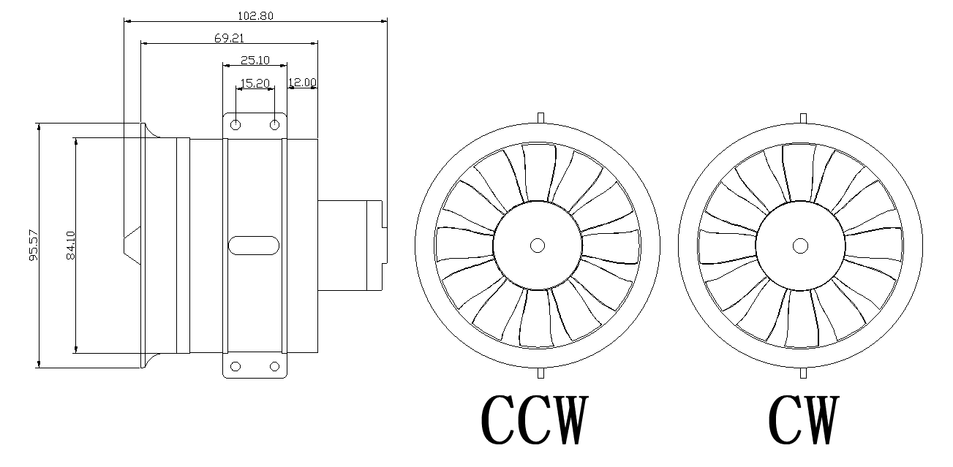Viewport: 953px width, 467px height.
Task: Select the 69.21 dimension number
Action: tap(229, 38)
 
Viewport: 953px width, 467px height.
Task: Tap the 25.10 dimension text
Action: tap(255, 60)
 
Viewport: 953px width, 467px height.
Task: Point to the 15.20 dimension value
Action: tap(255, 83)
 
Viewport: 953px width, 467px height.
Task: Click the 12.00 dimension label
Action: tap(302, 83)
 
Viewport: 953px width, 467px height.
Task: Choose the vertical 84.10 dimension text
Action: tap(70, 246)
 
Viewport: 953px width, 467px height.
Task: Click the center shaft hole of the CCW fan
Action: tap(538, 246)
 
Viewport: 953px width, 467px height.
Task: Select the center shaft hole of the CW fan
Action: tap(801, 246)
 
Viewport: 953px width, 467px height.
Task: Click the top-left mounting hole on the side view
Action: tap(236, 126)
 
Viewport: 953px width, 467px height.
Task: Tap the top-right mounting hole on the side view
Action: tap(274, 126)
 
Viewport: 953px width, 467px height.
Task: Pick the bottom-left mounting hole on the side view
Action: tap(236, 366)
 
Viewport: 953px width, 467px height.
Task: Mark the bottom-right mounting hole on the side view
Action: tap(274, 366)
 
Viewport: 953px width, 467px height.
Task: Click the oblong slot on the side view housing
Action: tap(254, 246)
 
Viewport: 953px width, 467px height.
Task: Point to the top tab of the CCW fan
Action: tap(540, 117)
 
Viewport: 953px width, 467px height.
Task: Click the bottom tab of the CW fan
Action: tap(803, 373)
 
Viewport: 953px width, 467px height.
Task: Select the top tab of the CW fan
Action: tap(803, 117)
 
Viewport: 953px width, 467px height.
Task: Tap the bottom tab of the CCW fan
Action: tap(540, 373)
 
